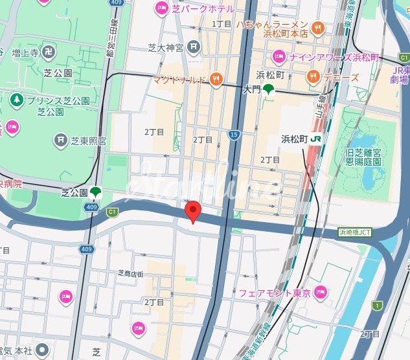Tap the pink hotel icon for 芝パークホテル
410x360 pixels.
point(160,8)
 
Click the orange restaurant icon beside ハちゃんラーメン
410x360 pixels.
point(317,28)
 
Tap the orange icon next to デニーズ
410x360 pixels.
point(313,76)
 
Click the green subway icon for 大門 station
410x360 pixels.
point(268,91)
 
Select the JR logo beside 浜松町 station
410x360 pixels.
point(316,139)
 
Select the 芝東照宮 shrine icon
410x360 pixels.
point(62,139)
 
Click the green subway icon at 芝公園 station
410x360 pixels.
point(96,192)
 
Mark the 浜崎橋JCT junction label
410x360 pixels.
point(356,232)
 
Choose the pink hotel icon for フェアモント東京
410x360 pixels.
point(319,293)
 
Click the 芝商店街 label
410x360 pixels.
point(130,274)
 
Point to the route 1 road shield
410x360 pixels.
point(376,305)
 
